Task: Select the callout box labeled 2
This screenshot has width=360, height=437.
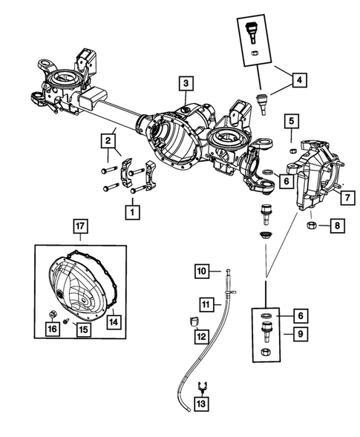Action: click(108, 139)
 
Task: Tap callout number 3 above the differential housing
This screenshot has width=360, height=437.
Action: click(186, 83)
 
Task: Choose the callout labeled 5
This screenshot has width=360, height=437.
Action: click(292, 121)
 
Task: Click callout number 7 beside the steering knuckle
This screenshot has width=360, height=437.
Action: click(346, 197)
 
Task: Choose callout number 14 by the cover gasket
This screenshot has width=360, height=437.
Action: click(114, 322)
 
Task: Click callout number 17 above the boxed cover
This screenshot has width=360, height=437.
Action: click(81, 225)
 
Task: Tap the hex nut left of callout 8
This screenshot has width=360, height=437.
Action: click(312, 224)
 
